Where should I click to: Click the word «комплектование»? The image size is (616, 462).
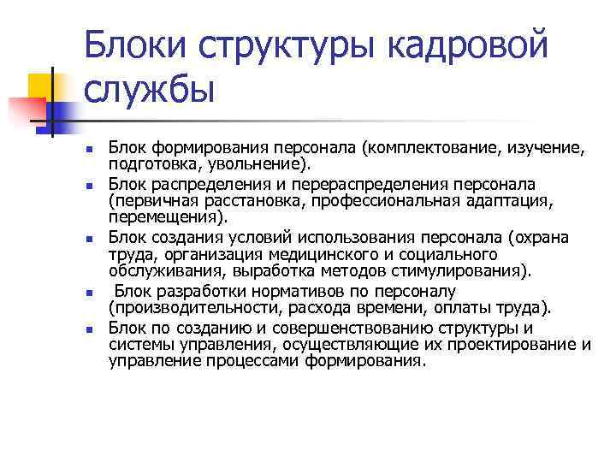pos(447,149)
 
